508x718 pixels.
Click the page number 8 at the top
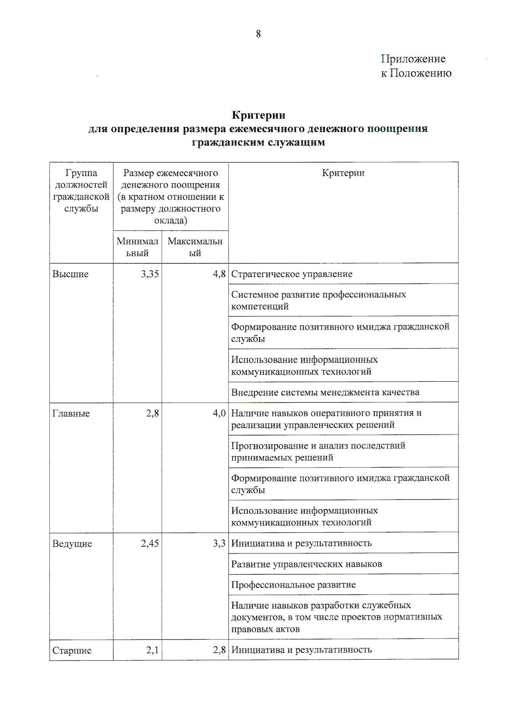[258, 34]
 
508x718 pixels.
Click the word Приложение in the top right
[413, 59]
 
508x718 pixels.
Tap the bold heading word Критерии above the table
[258, 115]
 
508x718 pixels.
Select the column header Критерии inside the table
[343, 173]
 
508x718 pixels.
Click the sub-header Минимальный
[137, 247]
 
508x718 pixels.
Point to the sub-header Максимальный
[195, 247]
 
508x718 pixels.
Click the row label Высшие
[70, 274]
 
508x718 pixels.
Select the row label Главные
[71, 414]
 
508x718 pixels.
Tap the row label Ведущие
[72, 544]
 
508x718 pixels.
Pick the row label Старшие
[72, 651]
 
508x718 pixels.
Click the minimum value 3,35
[150, 274]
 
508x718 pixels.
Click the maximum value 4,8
[219, 274]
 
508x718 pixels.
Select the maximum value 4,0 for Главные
[219, 413]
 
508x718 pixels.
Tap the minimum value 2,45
[150, 544]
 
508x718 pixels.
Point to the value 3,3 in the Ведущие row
[219, 544]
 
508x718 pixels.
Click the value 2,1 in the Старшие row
[152, 650]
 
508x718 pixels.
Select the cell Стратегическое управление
[292, 274]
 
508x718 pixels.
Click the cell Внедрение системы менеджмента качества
[325, 392]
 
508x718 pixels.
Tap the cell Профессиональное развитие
[293, 585]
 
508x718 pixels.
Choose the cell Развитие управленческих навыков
[306, 564]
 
